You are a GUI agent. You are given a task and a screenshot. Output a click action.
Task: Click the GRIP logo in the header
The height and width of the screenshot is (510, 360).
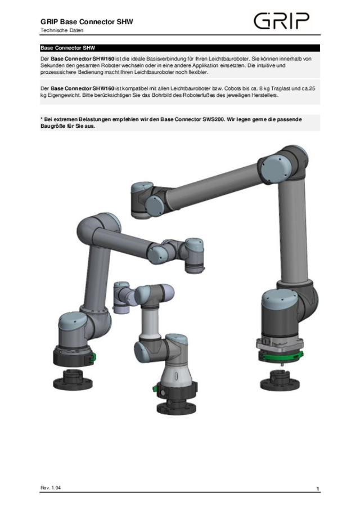coord(281,21)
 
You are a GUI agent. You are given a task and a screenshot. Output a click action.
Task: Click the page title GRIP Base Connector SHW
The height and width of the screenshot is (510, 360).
coord(87,22)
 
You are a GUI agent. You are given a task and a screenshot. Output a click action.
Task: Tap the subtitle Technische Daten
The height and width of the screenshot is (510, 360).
coord(62,30)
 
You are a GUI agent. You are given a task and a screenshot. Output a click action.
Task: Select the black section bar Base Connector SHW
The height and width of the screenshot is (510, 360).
coord(179,48)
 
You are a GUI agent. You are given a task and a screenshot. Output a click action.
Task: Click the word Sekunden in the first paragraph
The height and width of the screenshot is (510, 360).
coord(51,65)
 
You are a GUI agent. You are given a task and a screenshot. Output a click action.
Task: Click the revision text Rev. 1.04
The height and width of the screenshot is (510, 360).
coord(51,487)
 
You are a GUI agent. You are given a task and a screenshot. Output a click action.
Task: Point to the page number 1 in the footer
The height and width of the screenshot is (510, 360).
coord(317,489)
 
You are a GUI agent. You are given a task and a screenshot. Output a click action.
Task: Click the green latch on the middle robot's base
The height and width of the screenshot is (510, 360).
coord(155,388)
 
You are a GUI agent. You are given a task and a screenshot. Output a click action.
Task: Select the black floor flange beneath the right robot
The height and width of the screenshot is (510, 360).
coord(280,381)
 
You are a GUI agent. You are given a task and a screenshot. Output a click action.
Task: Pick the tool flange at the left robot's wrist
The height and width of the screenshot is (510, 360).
coord(195,269)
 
